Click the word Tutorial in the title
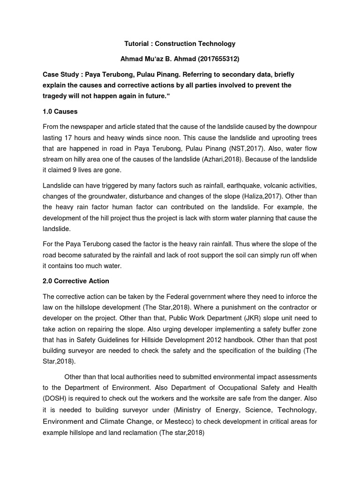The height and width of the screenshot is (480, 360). tap(137, 44)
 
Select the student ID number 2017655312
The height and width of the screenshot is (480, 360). tap(217, 59)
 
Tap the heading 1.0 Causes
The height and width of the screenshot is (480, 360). tap(60, 112)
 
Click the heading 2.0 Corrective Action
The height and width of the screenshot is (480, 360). tap(76, 281)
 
